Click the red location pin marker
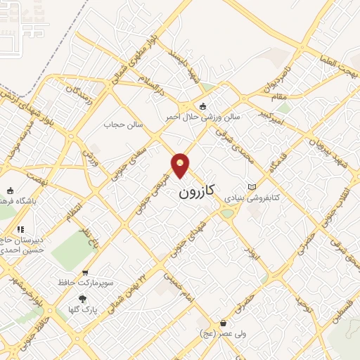pyautogui.click(x=181, y=166)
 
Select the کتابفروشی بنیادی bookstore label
pyautogui.click(x=252, y=198)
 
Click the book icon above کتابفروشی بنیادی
pyautogui.click(x=252, y=186)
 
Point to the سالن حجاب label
pyautogui.click(x=124, y=124)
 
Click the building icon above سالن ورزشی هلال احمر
pyautogui.click(x=203, y=106)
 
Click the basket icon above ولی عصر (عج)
pyautogui.click(x=223, y=323)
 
